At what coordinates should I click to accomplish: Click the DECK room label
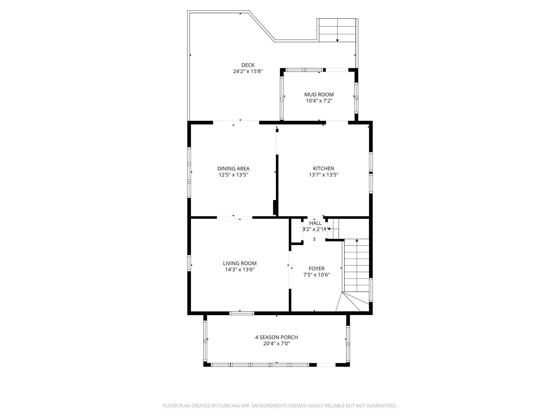248,65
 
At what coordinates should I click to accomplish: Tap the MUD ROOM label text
319,94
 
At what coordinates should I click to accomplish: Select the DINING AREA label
233,169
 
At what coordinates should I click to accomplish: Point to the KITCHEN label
324,169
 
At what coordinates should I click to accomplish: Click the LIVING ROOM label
240,264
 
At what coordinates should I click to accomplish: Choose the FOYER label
317,269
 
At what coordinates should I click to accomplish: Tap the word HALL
315,223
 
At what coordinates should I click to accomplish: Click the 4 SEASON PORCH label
276,337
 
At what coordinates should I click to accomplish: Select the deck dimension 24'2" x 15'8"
248,72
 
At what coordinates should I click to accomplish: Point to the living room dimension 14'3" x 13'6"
240,270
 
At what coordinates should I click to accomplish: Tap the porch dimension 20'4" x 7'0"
276,344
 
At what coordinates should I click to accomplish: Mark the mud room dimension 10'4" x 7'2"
319,101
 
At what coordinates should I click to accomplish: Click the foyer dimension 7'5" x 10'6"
317,275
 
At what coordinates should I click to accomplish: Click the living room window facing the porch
242,313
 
